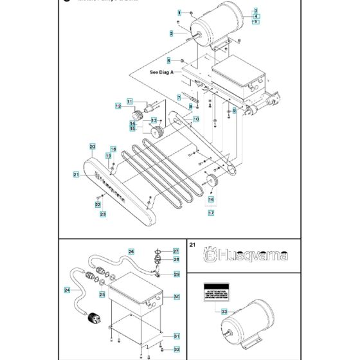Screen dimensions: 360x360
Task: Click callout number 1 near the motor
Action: pos(180,13)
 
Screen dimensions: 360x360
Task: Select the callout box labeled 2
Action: pos(172,33)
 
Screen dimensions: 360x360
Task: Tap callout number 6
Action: pos(169,60)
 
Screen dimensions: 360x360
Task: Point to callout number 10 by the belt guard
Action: pos(196,119)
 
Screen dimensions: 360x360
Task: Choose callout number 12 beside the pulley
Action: pos(119,105)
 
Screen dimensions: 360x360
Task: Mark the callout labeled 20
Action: pos(93,147)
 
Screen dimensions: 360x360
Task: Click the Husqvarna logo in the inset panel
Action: pos(242,255)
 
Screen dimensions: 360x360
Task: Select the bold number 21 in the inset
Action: pos(193,245)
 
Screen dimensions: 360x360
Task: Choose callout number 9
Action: pos(235,111)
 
